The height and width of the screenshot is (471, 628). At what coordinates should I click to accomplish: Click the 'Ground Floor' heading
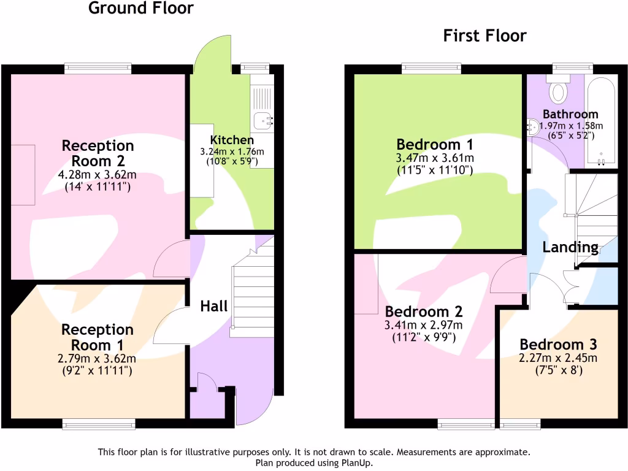pyautogui.click(x=141, y=9)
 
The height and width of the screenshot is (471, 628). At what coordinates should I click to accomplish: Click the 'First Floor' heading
pyautogui.click(x=484, y=36)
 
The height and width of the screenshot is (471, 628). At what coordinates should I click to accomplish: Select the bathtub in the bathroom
pyautogui.click(x=602, y=123)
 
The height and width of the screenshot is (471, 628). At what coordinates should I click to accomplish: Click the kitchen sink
pyautogui.click(x=262, y=121)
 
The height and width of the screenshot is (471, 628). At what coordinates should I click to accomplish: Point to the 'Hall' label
pyautogui.click(x=214, y=306)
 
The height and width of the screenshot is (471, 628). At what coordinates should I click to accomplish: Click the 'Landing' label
pyautogui.click(x=570, y=247)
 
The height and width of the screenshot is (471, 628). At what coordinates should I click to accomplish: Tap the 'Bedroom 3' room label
pyautogui.click(x=558, y=344)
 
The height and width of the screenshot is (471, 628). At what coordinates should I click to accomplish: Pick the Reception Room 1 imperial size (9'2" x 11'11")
pyautogui.click(x=98, y=371)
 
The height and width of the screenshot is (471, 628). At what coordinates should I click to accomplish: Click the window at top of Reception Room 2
pyautogui.click(x=99, y=68)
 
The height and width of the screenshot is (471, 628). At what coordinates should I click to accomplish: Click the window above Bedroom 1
pyautogui.click(x=432, y=68)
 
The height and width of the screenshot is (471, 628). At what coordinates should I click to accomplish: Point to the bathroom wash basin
pyautogui.click(x=532, y=128)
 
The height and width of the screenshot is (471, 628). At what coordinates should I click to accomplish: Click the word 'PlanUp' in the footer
pyautogui.click(x=356, y=463)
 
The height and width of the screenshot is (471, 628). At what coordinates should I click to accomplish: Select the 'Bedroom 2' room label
pyautogui.click(x=423, y=311)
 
